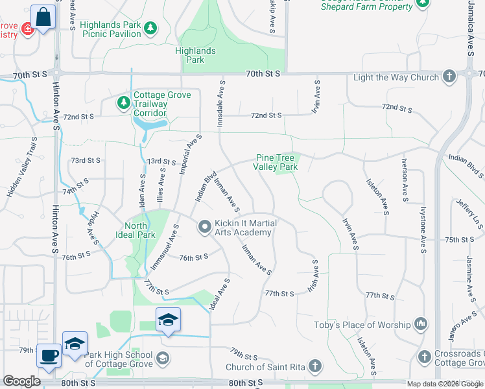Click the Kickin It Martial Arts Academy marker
[205, 226]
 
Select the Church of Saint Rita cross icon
[315, 367]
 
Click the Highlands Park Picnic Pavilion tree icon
[150, 28]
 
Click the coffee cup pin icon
[49, 355]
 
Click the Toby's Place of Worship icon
[420, 324]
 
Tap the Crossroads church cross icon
[425, 357]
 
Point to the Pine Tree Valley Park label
[276, 162]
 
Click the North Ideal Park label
[136, 230]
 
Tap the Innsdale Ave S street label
[222, 100]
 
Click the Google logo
[21, 381]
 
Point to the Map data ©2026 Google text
[444, 384]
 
